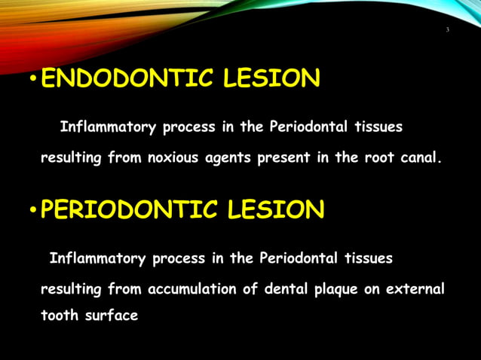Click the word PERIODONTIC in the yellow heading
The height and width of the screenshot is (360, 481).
tap(124, 210)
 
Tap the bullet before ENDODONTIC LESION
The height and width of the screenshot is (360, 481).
tap(32, 81)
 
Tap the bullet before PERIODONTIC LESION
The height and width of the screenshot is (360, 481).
tap(32, 212)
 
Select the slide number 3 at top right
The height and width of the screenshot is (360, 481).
tap(447, 29)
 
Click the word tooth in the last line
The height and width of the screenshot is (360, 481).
tap(58, 316)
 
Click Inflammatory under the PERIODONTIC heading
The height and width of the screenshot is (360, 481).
tap(97, 258)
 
